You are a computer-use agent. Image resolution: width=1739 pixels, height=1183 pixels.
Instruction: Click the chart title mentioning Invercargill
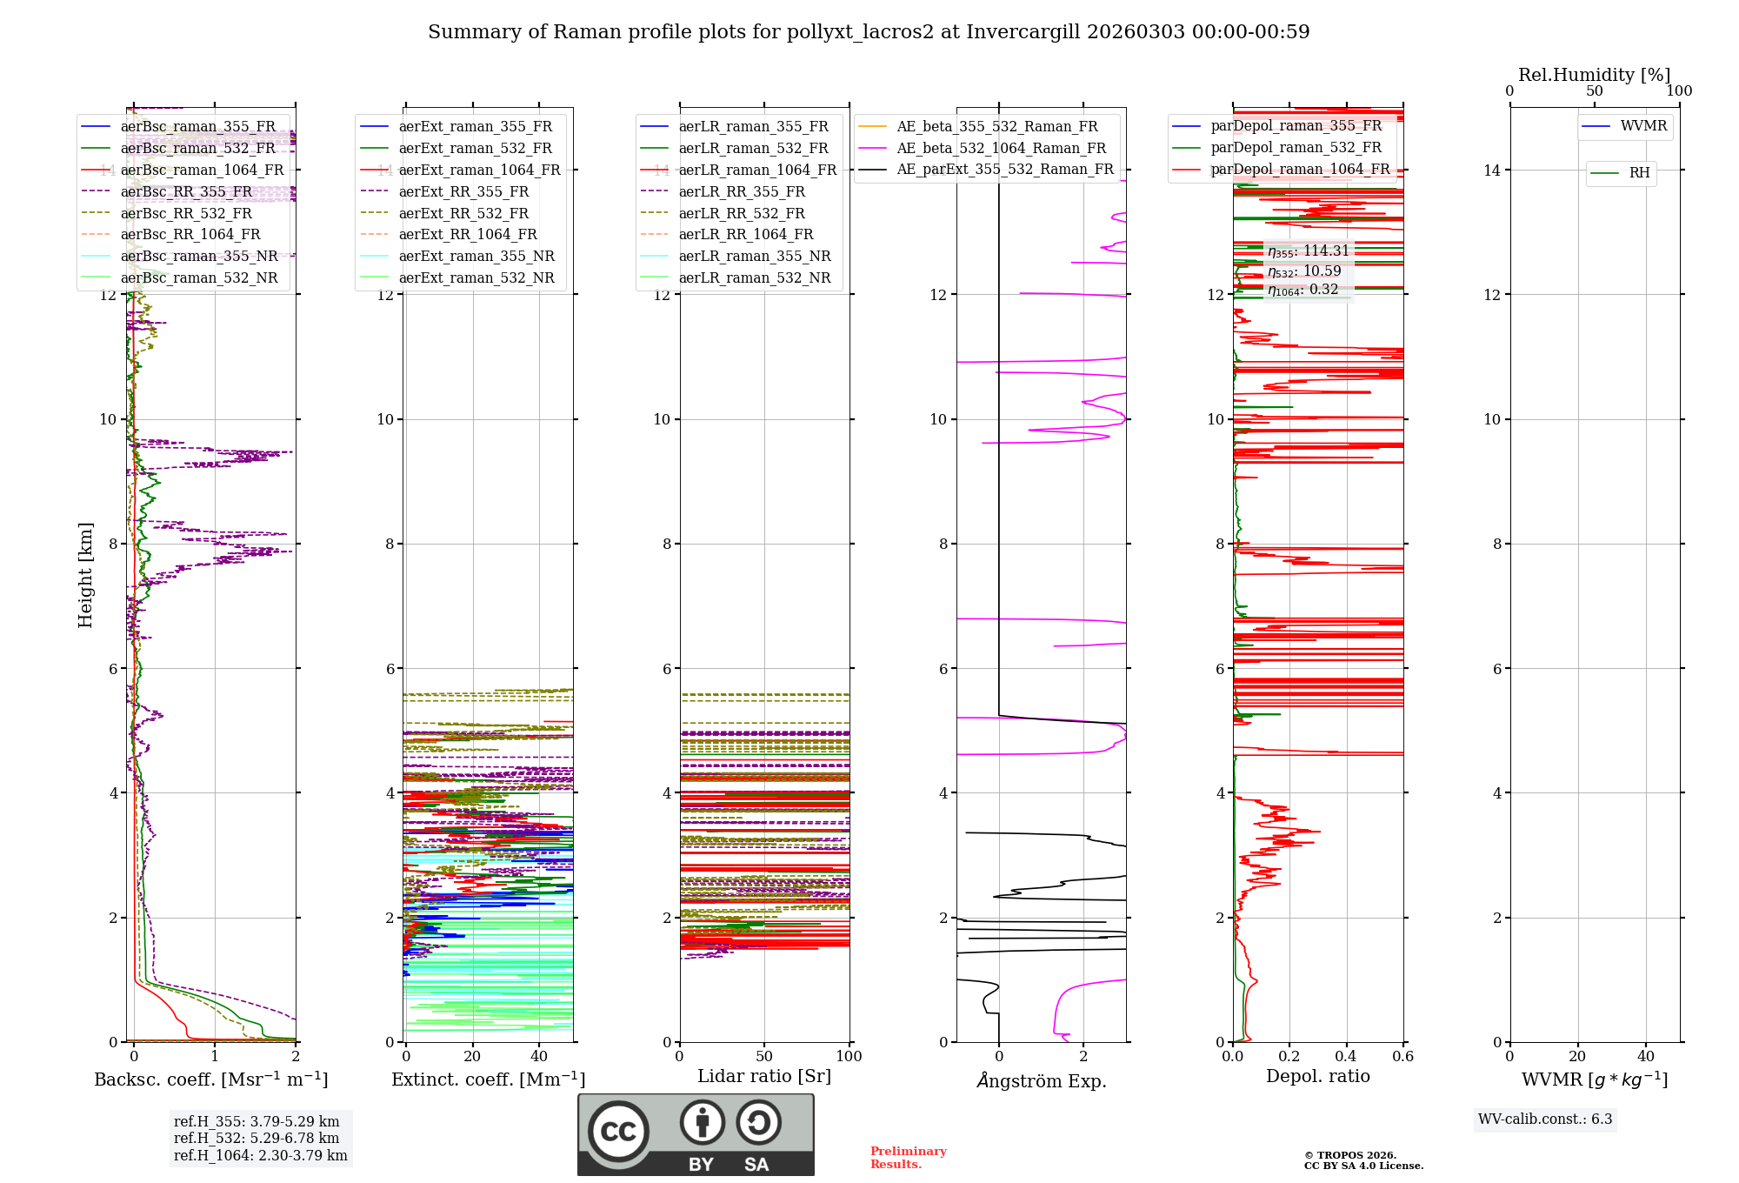pyautogui.click(x=869, y=32)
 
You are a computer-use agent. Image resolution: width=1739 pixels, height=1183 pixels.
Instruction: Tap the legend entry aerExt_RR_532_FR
pyautogui.click(x=463, y=213)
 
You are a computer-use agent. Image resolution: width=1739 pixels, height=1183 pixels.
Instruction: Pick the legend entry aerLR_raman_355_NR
pyautogui.click(x=755, y=256)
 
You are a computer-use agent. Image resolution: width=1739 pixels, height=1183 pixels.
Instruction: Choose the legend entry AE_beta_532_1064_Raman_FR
pyautogui.click(x=1001, y=148)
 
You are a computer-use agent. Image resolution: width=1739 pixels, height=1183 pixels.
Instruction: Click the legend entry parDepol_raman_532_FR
pyautogui.click(x=1296, y=148)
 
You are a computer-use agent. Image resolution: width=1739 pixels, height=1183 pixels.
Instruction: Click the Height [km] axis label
pyautogui.click(x=85, y=575)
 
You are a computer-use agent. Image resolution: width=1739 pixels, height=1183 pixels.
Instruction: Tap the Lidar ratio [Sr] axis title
pyautogui.click(x=764, y=1076)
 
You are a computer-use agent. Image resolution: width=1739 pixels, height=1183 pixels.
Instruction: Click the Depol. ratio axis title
pyautogui.click(x=1317, y=1076)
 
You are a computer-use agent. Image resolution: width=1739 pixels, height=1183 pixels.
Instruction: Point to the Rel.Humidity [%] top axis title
pyautogui.click(x=1594, y=75)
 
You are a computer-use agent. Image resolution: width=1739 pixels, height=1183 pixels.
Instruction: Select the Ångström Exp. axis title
pyautogui.click(x=1041, y=1080)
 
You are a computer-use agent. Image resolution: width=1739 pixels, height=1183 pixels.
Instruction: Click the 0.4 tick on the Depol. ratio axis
pyautogui.click(x=1346, y=1056)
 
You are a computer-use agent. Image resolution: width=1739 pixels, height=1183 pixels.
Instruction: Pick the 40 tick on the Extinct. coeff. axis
pyautogui.click(x=539, y=1056)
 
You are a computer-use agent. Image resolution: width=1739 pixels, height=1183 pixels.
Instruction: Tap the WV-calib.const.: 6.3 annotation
pyautogui.click(x=1545, y=1119)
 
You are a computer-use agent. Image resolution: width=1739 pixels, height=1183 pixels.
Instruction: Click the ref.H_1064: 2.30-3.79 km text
pyautogui.click(x=260, y=1155)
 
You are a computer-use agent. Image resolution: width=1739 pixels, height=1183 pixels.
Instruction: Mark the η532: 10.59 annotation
pyautogui.click(x=1304, y=271)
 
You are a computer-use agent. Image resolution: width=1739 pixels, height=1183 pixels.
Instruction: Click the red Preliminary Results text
pyautogui.click(x=908, y=1157)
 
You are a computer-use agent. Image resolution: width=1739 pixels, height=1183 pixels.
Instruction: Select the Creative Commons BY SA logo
pyautogui.click(x=696, y=1134)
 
